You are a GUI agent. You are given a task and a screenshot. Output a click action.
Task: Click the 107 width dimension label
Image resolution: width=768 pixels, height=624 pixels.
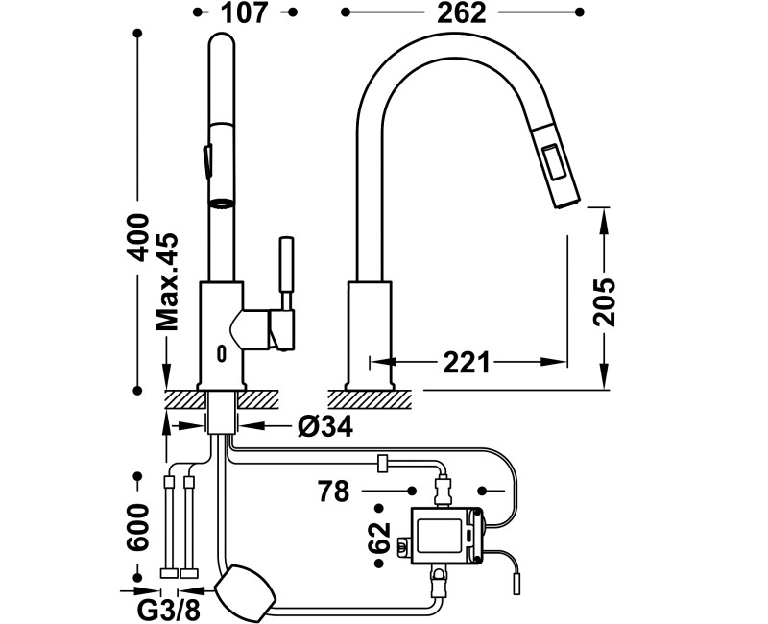tap(245, 12)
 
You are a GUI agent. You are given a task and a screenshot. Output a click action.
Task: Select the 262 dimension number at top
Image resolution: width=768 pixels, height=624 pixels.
tap(462, 12)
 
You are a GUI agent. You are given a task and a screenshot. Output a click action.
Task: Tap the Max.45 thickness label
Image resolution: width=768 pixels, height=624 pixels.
tap(166, 281)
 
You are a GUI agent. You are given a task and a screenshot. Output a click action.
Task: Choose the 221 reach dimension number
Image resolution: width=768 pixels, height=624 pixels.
tap(467, 363)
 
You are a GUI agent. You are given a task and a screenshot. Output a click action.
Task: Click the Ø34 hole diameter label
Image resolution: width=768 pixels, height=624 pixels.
tap(324, 426)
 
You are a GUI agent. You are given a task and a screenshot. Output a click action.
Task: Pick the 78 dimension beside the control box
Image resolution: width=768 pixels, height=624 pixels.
tap(333, 491)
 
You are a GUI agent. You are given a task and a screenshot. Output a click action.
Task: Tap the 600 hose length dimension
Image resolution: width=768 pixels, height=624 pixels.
tap(137, 527)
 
